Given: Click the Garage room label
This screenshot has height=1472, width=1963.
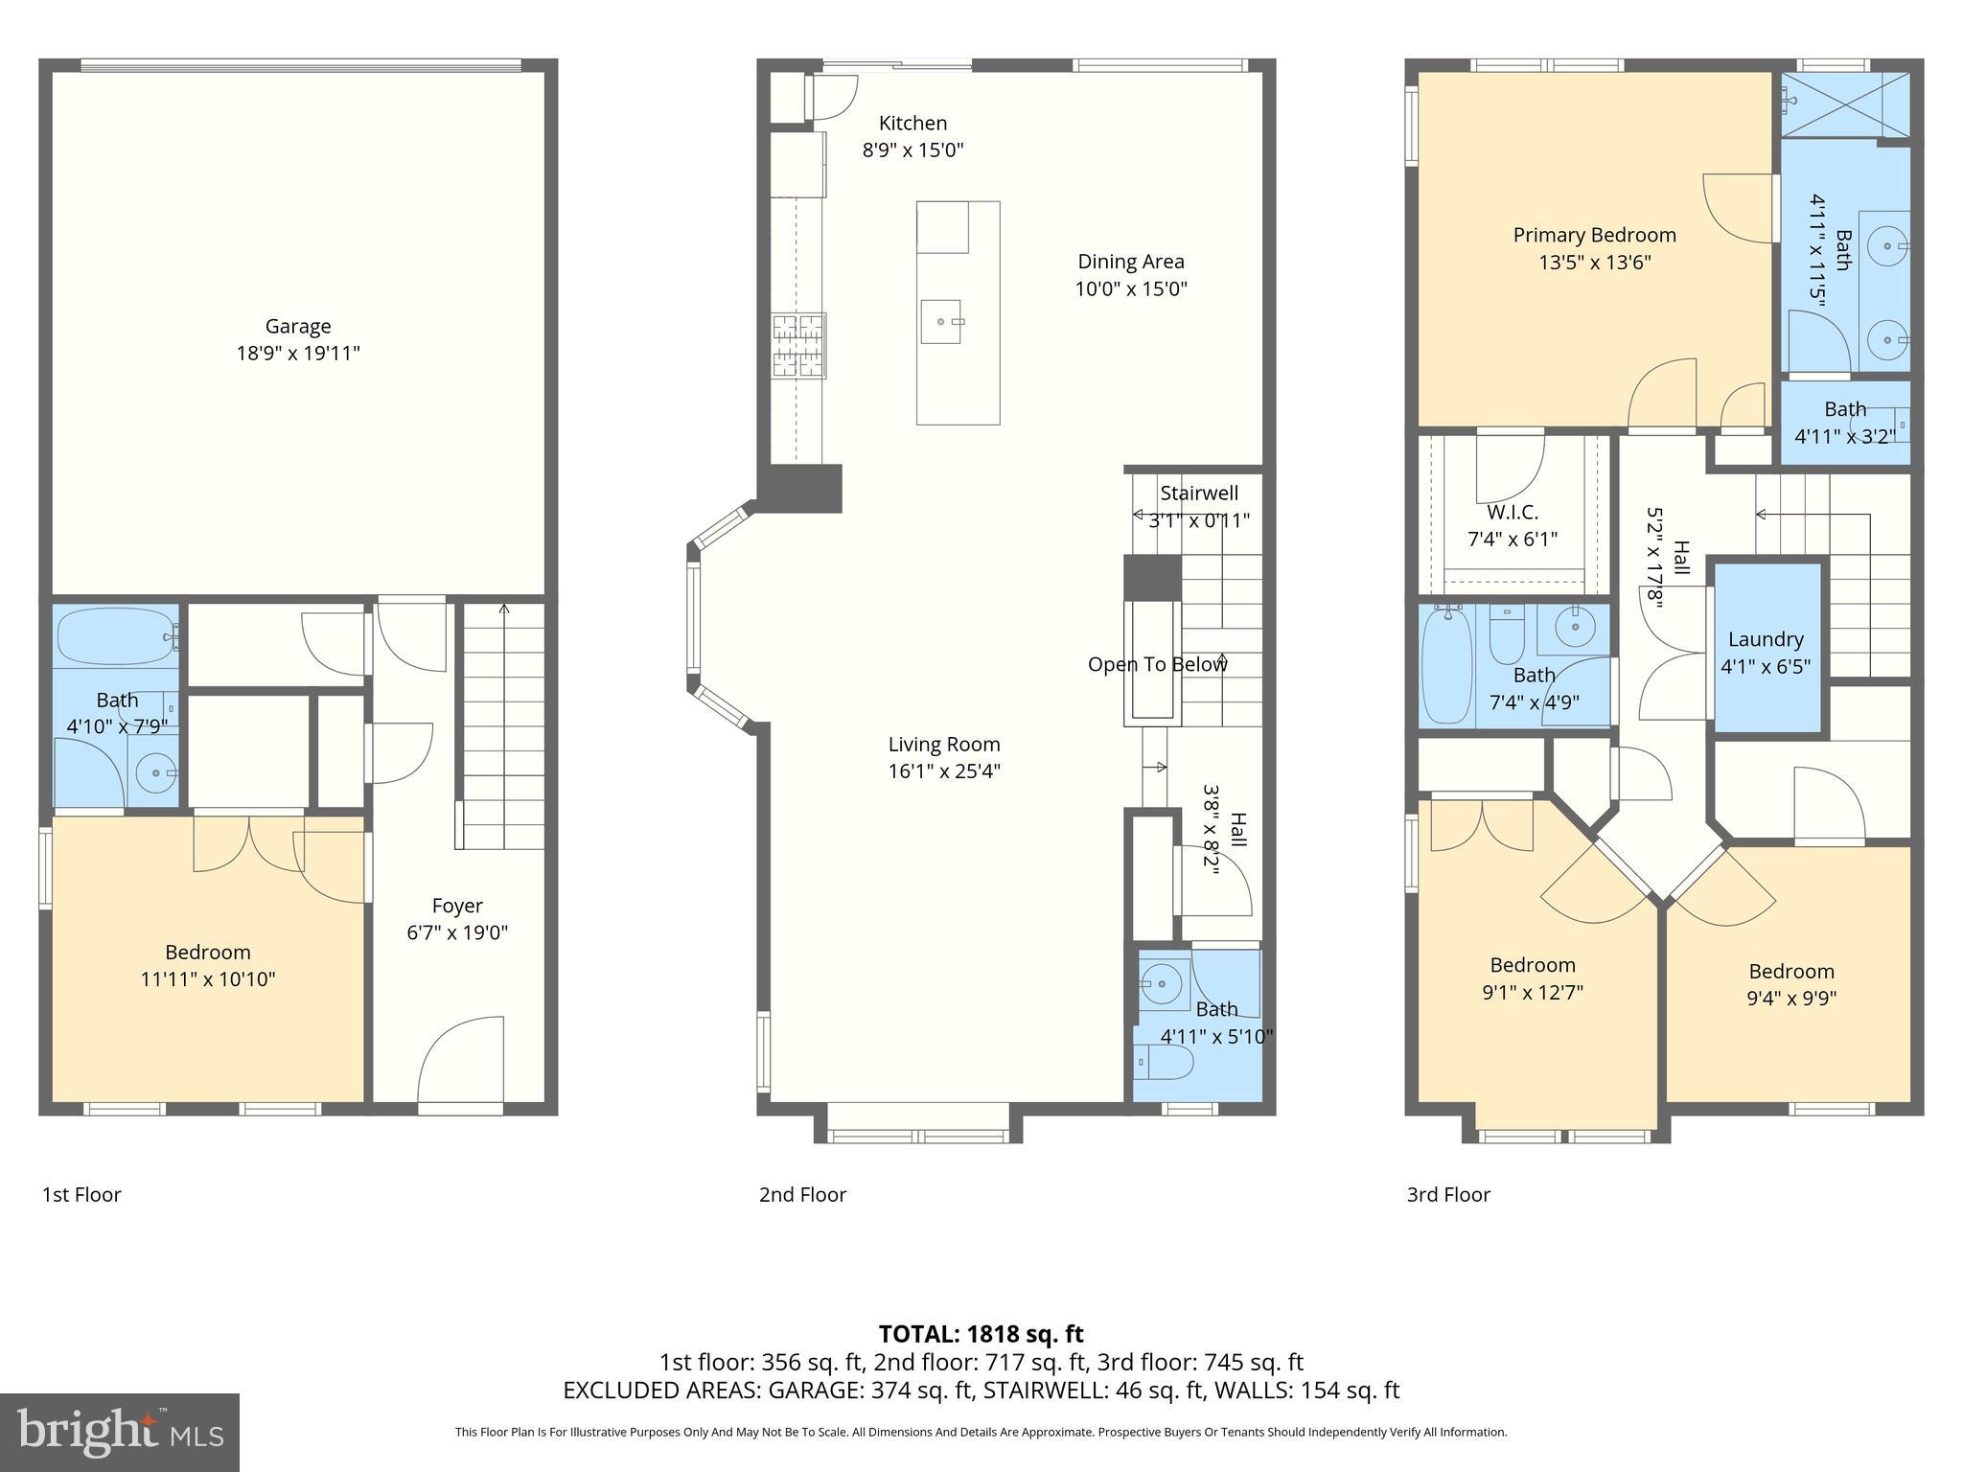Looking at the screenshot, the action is tap(298, 326).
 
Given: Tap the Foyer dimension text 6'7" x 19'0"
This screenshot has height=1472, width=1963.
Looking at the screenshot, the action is tap(457, 932).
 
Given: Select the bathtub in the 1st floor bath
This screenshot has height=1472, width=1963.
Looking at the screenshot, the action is tap(117, 637).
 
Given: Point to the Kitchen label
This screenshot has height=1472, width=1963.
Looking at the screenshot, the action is tap(912, 123).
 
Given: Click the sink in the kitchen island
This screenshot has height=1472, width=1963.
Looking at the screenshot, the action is tap(941, 321).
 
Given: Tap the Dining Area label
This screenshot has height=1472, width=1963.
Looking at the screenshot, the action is tap(1131, 262).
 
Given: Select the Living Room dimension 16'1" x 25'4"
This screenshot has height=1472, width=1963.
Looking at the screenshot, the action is tap(944, 771).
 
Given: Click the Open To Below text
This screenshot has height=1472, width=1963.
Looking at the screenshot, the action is tap(1157, 664).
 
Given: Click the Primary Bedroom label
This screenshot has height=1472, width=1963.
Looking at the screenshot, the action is tap(1595, 235).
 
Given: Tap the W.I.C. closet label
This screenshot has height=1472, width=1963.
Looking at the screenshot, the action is tap(1513, 513).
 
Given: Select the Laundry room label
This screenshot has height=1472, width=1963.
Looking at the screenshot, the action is tap(1766, 639).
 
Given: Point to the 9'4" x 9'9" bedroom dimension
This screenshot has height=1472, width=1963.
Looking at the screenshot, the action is tap(1791, 998).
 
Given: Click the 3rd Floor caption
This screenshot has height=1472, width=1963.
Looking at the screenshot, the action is tap(1448, 1194).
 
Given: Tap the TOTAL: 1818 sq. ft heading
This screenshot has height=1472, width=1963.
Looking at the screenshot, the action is tap(981, 1334).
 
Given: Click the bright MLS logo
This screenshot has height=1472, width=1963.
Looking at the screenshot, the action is tap(120, 1432).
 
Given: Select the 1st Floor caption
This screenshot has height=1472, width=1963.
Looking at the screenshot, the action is tap(81, 1194).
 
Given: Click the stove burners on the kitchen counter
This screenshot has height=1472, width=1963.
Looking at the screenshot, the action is tap(798, 345).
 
